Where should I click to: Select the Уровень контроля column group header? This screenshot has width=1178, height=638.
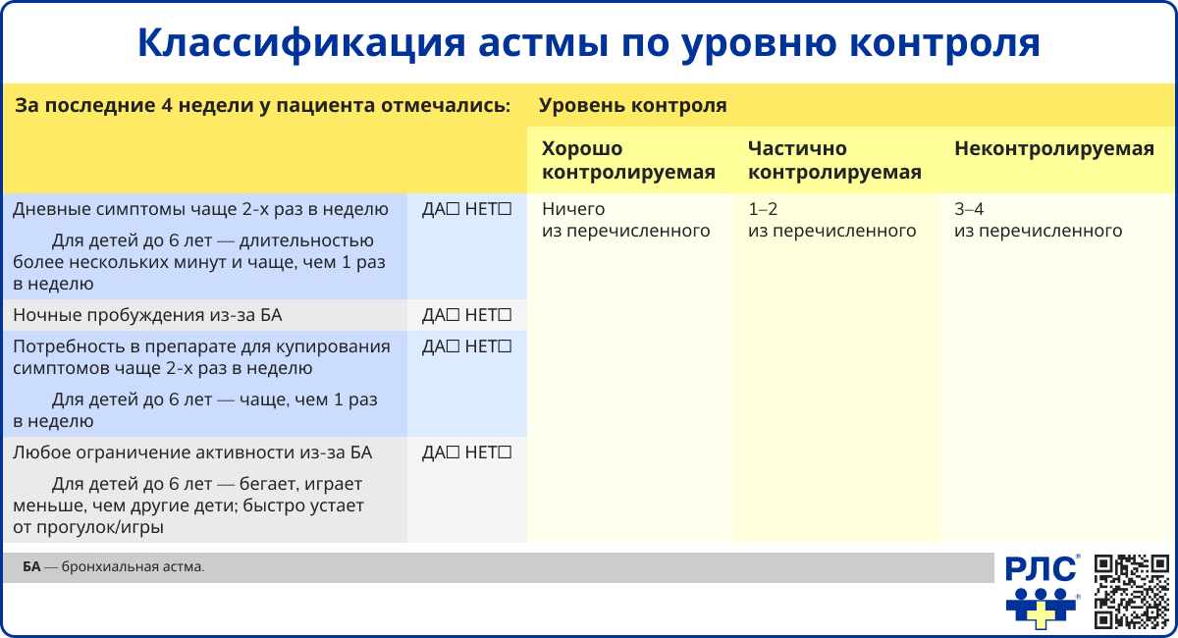pos(633,106)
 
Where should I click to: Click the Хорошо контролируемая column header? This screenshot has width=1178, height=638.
pos(628,161)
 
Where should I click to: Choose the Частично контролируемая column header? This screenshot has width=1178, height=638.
pos(834,161)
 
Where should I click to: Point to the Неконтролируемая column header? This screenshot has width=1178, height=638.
pos(1053,149)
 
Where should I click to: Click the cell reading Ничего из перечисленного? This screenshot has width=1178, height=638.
pos(625,220)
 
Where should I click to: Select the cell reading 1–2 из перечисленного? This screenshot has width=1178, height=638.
pos(831,220)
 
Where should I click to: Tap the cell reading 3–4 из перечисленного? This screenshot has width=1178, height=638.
pos(1038,220)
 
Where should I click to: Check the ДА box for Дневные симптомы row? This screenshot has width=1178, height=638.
pos(454,210)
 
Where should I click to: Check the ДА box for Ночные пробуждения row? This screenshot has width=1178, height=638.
pos(454,316)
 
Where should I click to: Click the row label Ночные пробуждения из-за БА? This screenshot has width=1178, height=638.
pos(147,316)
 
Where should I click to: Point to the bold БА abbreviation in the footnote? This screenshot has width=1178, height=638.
pos(31,567)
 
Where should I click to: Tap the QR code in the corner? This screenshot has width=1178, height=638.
pos(1132,591)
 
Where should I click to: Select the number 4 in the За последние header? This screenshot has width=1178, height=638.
pos(165,106)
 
